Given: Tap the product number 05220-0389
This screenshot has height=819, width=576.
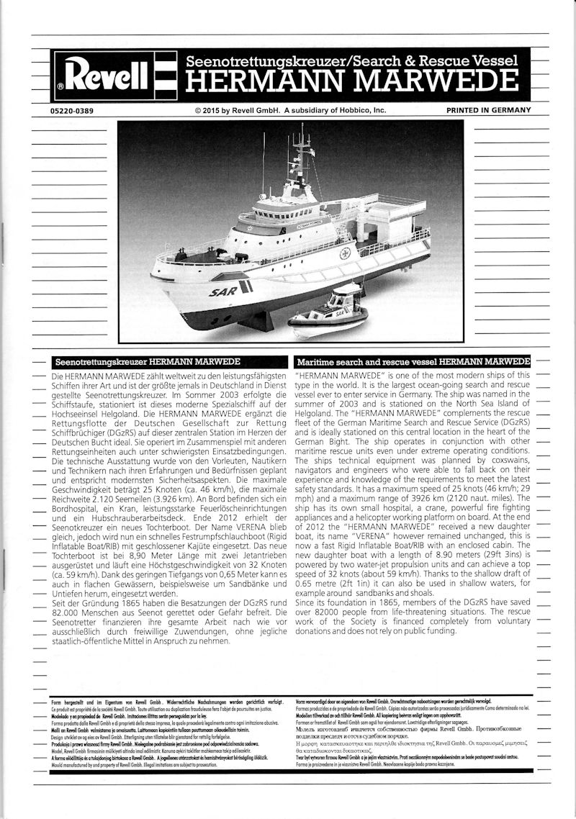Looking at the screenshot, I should pos(72,110).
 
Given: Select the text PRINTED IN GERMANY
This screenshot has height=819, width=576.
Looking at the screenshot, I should pos(488,110).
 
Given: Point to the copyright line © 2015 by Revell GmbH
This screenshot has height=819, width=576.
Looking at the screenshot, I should pos(290,110).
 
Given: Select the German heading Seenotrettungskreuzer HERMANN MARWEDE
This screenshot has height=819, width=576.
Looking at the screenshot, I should pos(147,361).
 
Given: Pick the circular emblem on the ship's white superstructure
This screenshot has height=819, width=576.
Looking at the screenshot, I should pos(345,253).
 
